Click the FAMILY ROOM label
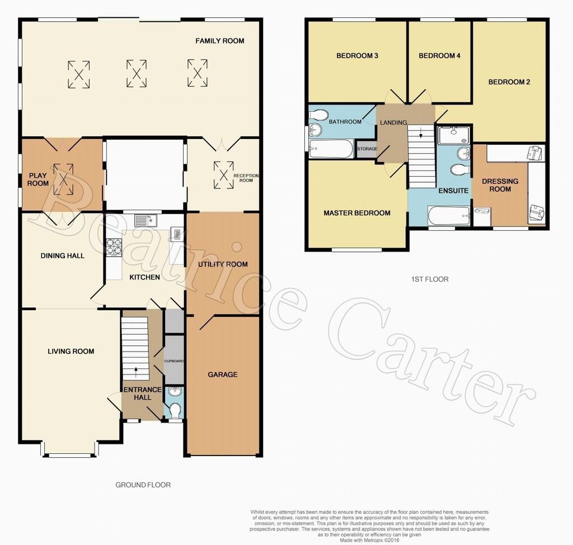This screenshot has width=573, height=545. click(x=219, y=41)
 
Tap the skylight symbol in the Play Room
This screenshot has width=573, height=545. click(x=64, y=179)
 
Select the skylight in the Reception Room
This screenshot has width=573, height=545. click(x=224, y=175)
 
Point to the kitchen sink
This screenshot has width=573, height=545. click(x=145, y=220)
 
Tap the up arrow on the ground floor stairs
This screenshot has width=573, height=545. click(x=137, y=372)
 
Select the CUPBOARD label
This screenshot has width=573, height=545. click(x=174, y=361)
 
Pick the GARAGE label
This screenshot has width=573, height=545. click(x=223, y=375)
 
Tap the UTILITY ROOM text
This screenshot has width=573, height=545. click(x=223, y=264)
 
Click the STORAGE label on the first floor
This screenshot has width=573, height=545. click(x=367, y=149)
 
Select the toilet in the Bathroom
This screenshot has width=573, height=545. click(x=318, y=115)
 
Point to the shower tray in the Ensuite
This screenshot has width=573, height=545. click(x=454, y=135)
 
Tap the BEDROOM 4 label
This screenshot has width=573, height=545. click(x=440, y=56)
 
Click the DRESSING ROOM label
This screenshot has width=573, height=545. click(x=500, y=185)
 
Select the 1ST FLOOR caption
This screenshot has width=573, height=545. click(x=430, y=279)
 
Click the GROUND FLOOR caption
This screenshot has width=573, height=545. click(x=143, y=485)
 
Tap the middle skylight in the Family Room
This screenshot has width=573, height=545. click(x=137, y=74)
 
